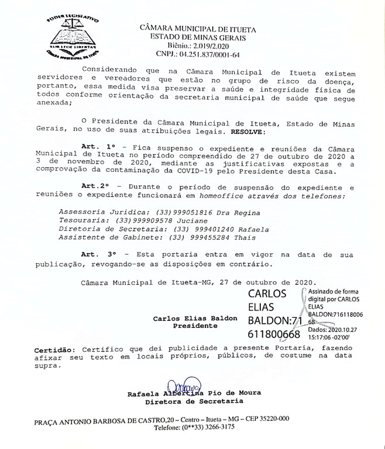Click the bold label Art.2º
[x=95, y=185]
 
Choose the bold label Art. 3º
[x=100, y=255]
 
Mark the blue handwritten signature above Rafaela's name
[x=184, y=386]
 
